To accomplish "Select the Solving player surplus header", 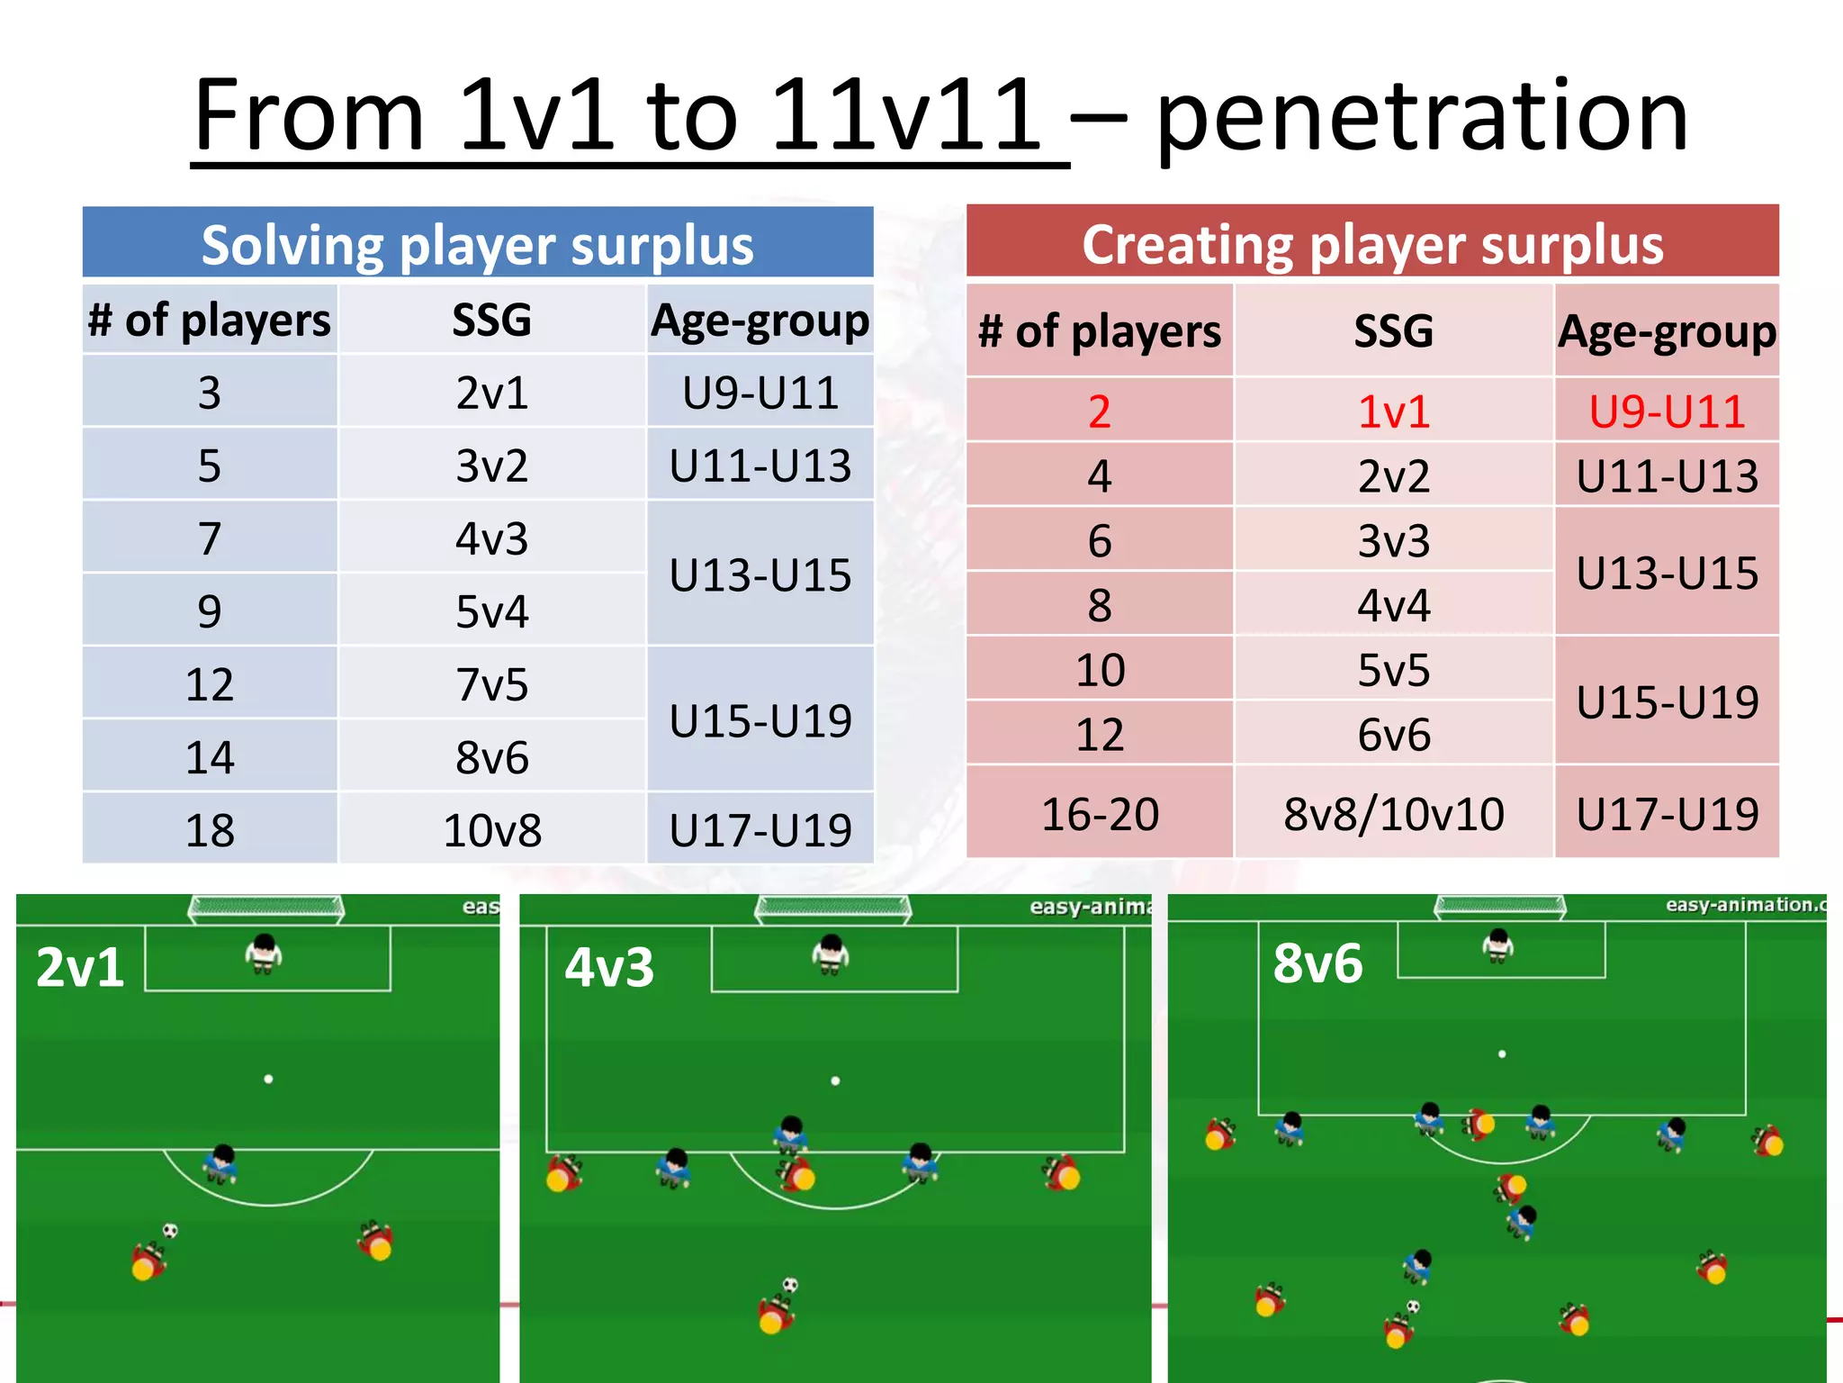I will tap(477, 244).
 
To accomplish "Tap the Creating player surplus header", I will tap(1372, 243).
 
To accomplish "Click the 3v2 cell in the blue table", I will tap(491, 466).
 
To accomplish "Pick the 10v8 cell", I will tap(491, 829).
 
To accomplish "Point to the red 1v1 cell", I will tap(1393, 411).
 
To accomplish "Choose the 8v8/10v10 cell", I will tap(1393, 814).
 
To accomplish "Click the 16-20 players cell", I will tap(1100, 814).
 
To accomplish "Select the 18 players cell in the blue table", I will tap(210, 829).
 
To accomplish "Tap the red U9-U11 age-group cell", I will tap(1667, 411).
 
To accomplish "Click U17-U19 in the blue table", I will tap(760, 829).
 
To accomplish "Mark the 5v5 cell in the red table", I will tap(1393, 670).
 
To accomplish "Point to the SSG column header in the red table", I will tap(1393, 330).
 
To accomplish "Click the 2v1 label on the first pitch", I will tap(80, 968).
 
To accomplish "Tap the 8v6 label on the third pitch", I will tap(1317, 963).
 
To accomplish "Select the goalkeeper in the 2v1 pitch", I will tap(264, 954).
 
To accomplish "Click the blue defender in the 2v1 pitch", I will tap(220, 1163).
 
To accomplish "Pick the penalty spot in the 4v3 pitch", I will tap(835, 1080).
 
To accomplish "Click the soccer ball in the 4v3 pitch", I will tap(790, 1285).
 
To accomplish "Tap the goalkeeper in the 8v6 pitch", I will tap(1498, 945).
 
